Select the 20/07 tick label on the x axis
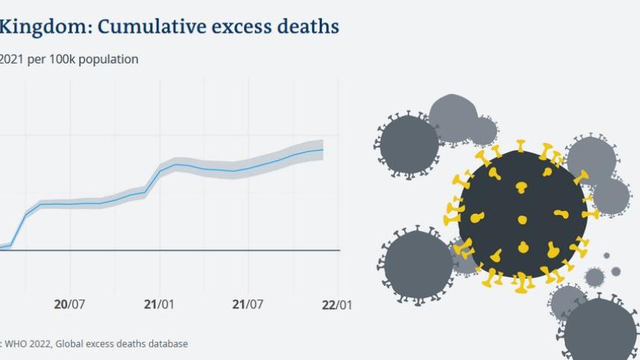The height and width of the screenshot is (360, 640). [x=69, y=305]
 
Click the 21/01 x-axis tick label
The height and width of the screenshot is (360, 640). [x=159, y=305]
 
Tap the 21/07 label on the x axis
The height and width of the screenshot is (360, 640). [x=249, y=305]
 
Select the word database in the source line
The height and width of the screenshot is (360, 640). [x=167, y=344]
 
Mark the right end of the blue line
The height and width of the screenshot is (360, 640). [x=323, y=150]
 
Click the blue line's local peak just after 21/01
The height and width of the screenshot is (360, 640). [x=176, y=164]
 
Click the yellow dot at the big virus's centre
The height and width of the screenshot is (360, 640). [x=522, y=220]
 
